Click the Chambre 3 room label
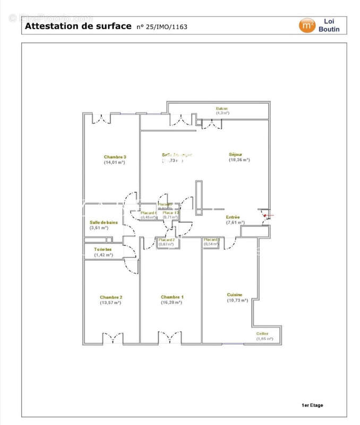(x=115, y=157)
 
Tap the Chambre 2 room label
(x=111, y=297)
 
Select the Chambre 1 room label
(x=172, y=297)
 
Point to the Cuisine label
(x=235, y=295)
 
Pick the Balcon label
(x=222, y=108)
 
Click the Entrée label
(x=233, y=217)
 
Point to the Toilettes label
(x=102, y=249)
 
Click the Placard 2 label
(x=167, y=240)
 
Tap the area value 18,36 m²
(x=239, y=160)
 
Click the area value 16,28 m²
(x=172, y=302)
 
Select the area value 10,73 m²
(x=237, y=300)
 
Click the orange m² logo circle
(x=306, y=25)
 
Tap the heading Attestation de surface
(x=78, y=25)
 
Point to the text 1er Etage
(x=312, y=405)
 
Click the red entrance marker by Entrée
(x=264, y=215)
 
